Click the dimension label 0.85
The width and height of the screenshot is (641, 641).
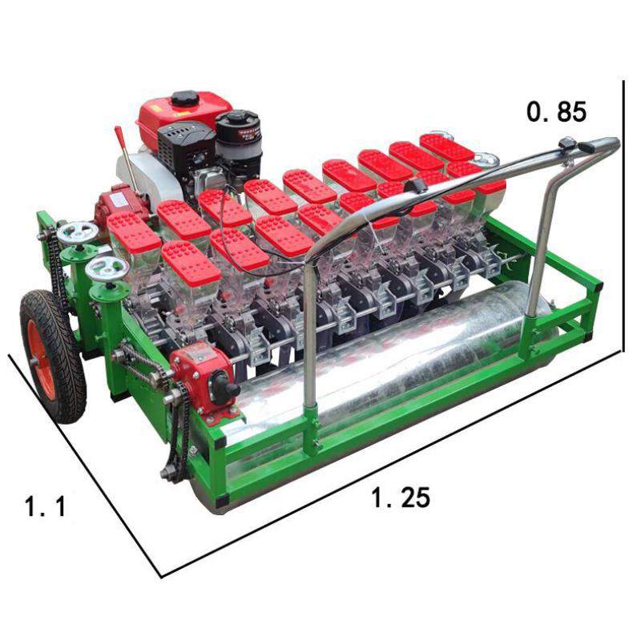click(x=556, y=111)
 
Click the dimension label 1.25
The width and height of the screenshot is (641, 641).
click(x=401, y=498)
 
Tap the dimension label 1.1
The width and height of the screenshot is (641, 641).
click(x=45, y=506)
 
